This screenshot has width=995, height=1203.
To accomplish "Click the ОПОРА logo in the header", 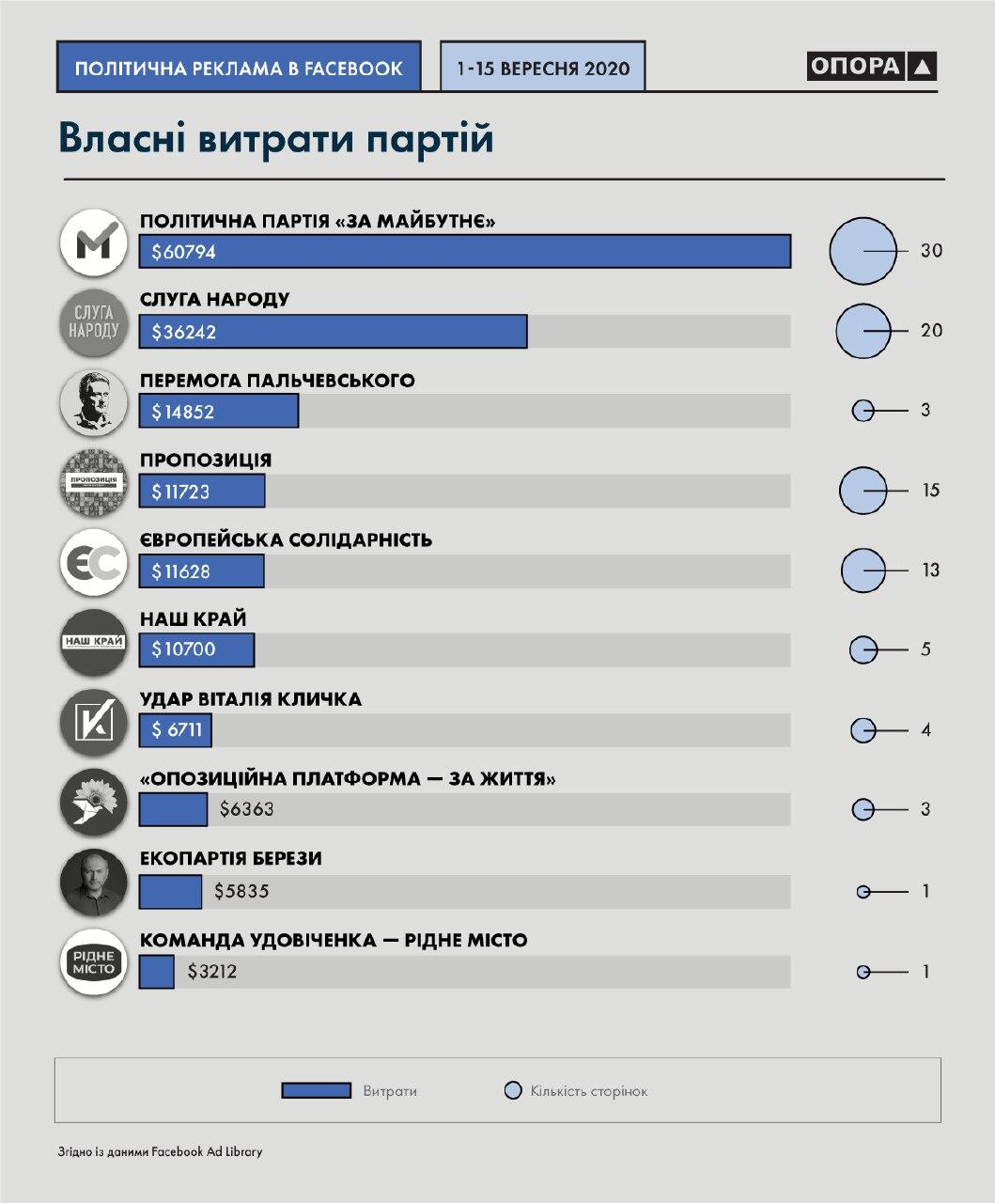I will click(871, 66).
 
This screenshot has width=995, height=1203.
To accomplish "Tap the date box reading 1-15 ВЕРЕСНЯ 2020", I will click(542, 67).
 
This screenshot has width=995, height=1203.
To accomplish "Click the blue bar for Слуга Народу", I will click(333, 332).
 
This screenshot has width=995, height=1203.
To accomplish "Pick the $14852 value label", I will click(182, 412).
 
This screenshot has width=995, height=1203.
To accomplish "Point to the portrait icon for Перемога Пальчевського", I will click(93, 402).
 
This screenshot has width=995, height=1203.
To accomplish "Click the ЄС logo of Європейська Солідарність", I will click(93, 562).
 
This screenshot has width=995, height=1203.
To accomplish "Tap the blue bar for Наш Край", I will click(196, 649).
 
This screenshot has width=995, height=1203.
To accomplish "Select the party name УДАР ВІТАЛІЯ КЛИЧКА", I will click(250, 699).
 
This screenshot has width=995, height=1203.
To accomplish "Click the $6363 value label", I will click(246, 809).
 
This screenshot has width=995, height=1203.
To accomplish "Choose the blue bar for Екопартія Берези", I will click(170, 891).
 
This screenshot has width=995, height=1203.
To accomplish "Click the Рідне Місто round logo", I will click(93, 961).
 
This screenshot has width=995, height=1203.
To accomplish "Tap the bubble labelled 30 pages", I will click(863, 251).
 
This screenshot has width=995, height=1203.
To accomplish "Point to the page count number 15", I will click(929, 491).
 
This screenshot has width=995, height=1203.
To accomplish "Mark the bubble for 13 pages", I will click(863, 570).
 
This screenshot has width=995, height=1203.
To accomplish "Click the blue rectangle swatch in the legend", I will click(316, 1090).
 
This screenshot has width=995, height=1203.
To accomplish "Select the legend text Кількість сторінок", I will click(588, 1091).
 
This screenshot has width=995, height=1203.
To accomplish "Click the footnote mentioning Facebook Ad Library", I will click(160, 1151).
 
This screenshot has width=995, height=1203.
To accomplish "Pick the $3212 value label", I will click(211, 972).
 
